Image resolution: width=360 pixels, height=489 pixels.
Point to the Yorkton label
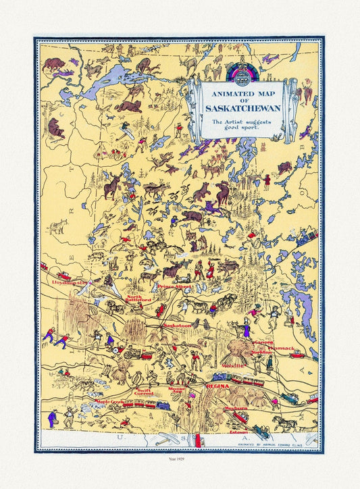(x=261, y=352)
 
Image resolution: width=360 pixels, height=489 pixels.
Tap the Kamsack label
(x=283, y=349)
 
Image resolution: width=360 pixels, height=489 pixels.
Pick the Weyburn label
(x=237, y=408)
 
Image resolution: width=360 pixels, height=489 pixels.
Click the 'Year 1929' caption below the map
(x=179, y=465)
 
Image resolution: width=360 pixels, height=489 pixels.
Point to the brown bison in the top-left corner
(x=53, y=66)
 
